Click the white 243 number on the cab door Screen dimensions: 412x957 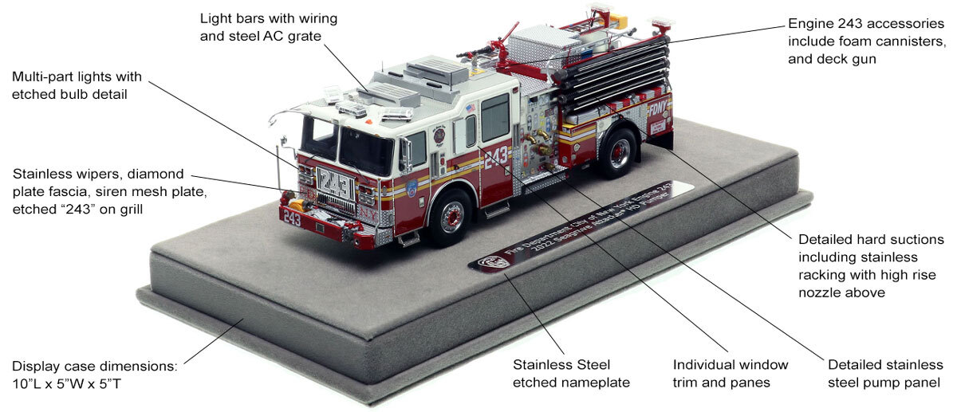click(x=496, y=155)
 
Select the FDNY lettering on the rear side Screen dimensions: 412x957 click(x=657, y=108)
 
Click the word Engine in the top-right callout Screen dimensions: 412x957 click(x=812, y=24)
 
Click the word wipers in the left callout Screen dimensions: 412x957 click(x=102, y=174)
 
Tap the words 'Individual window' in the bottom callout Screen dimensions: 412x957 click(x=731, y=365)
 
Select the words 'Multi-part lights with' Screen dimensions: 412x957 click(x=77, y=77)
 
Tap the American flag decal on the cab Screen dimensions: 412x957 click(x=470, y=108)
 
